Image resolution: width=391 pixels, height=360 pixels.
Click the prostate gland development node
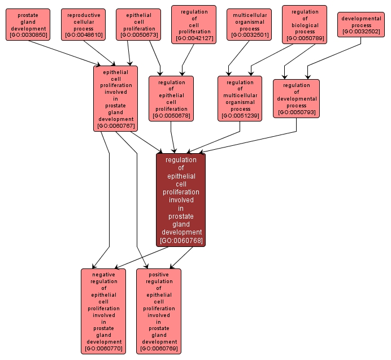(28, 24)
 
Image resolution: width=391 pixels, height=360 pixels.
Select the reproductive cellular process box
(83, 24)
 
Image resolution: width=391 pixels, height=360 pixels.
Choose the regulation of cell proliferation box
(194, 24)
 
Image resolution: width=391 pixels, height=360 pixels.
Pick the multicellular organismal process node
(249, 24)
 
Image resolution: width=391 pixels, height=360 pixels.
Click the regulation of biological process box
(305, 24)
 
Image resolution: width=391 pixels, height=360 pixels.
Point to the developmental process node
(361, 25)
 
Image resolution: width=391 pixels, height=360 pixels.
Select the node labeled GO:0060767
(115, 98)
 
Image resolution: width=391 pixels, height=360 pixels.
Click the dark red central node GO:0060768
(181, 200)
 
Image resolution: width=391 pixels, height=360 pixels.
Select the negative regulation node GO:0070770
(103, 311)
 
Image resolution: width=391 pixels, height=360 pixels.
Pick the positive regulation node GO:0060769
(159, 311)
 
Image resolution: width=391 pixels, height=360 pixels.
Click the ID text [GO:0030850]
(28, 36)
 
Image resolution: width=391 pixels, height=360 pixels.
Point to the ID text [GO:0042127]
(194, 39)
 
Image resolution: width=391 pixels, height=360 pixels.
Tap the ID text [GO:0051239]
(240, 116)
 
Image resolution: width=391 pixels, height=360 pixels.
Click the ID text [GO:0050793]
(296, 112)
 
